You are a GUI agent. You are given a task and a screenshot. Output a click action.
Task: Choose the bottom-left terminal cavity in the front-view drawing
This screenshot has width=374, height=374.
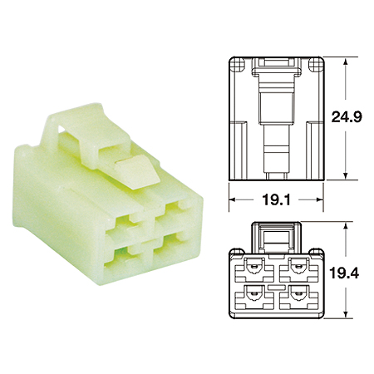pyautogui.click(x=255, y=297)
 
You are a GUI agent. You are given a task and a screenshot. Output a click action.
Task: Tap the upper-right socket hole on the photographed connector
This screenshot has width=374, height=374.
pyautogui.click(x=175, y=211)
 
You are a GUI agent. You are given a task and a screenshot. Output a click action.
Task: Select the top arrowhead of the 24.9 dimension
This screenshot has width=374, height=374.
pyautogui.click(x=345, y=61)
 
